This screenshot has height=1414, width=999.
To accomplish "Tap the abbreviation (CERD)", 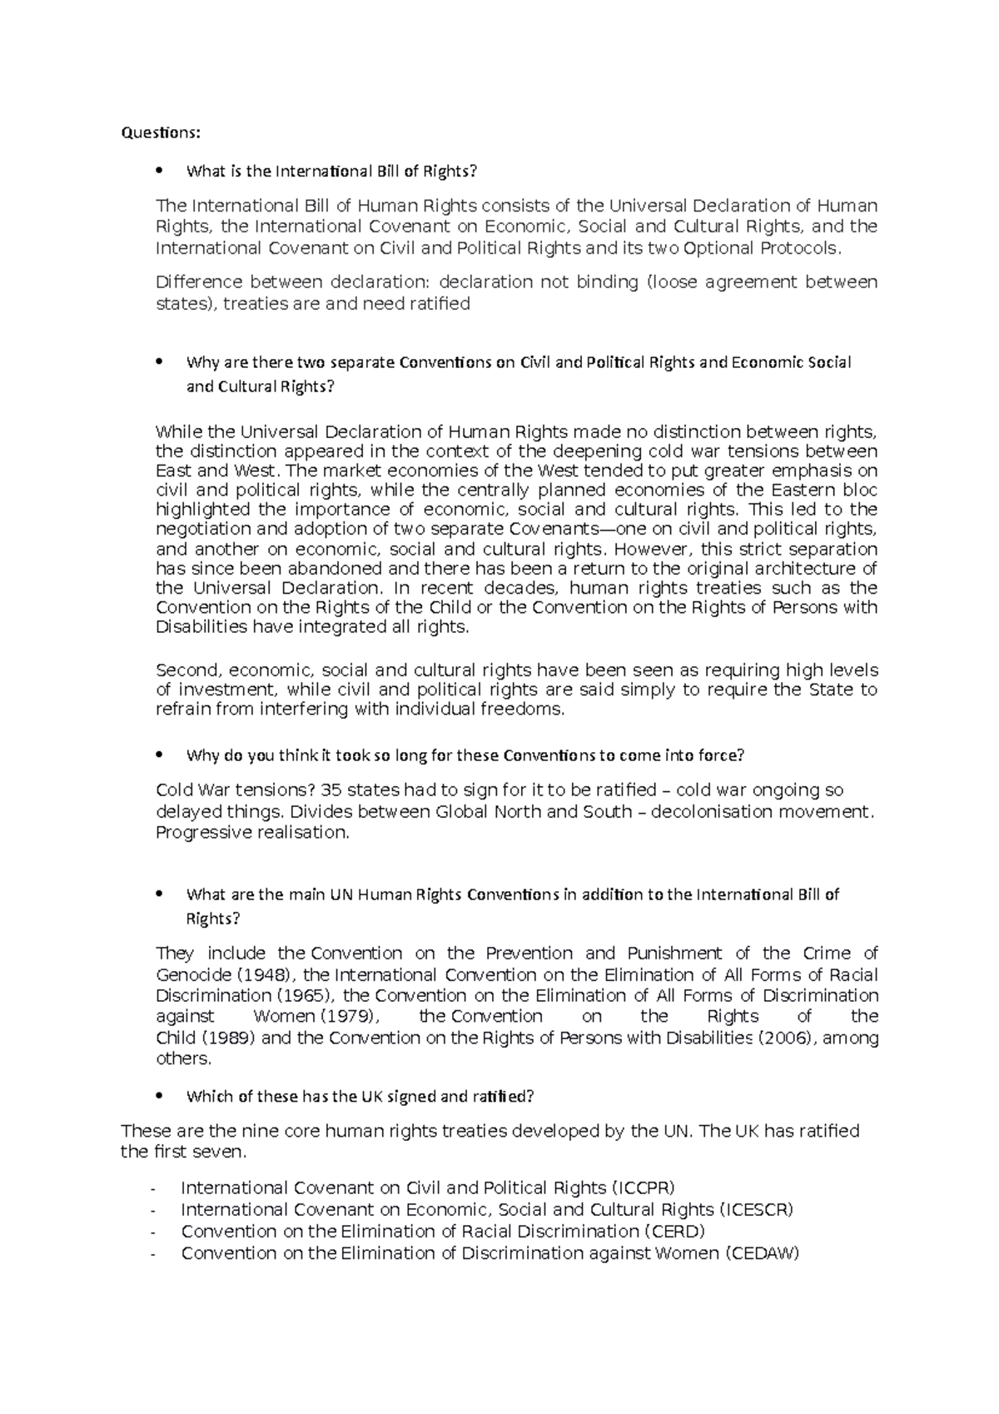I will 675,1231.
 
